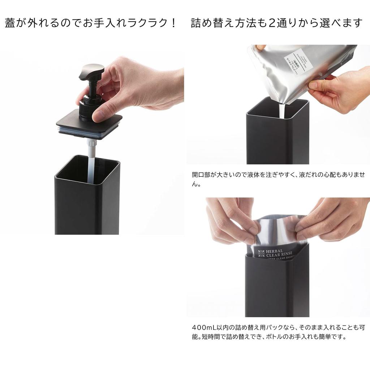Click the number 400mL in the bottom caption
(x=205, y=328)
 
